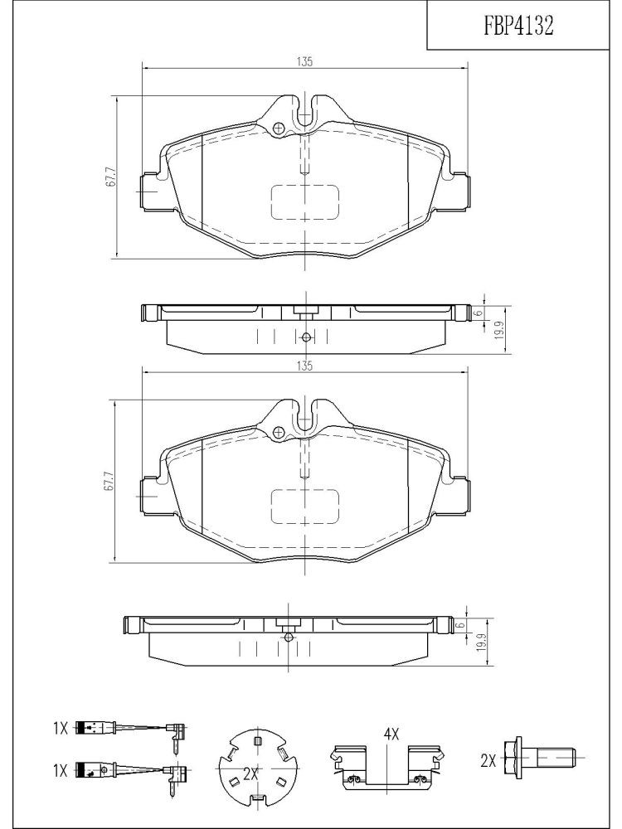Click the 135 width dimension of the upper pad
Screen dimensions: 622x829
pyautogui.click(x=304, y=62)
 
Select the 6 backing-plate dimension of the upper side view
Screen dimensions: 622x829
pyautogui.click(x=479, y=313)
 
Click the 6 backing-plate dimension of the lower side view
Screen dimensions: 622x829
pyautogui.click(x=461, y=625)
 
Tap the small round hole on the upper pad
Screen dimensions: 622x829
pyautogui.click(x=279, y=128)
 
